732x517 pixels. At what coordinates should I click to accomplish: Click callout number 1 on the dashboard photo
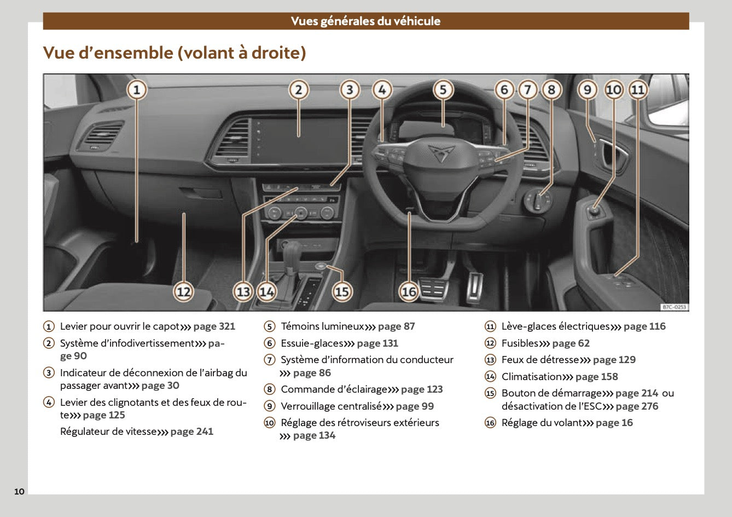tap(137, 89)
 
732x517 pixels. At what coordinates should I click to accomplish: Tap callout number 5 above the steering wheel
tap(443, 89)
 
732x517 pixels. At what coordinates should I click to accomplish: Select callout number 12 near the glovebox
tap(184, 291)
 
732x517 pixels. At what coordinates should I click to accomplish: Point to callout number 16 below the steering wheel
tap(409, 291)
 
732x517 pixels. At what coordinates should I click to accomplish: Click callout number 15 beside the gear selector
tap(342, 291)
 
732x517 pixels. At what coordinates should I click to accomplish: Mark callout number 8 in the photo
tap(551, 89)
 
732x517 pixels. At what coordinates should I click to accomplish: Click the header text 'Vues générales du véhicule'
tap(365, 21)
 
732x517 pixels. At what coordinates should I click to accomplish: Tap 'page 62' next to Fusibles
tap(571, 343)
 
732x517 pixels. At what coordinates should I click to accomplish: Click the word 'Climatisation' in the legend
tap(531, 377)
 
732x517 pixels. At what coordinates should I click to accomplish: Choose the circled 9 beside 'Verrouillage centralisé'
tap(269, 406)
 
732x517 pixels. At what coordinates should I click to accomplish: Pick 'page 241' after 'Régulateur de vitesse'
tap(191, 432)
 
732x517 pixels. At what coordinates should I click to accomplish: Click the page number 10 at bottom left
tap(19, 491)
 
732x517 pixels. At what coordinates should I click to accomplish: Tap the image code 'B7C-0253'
tap(673, 307)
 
